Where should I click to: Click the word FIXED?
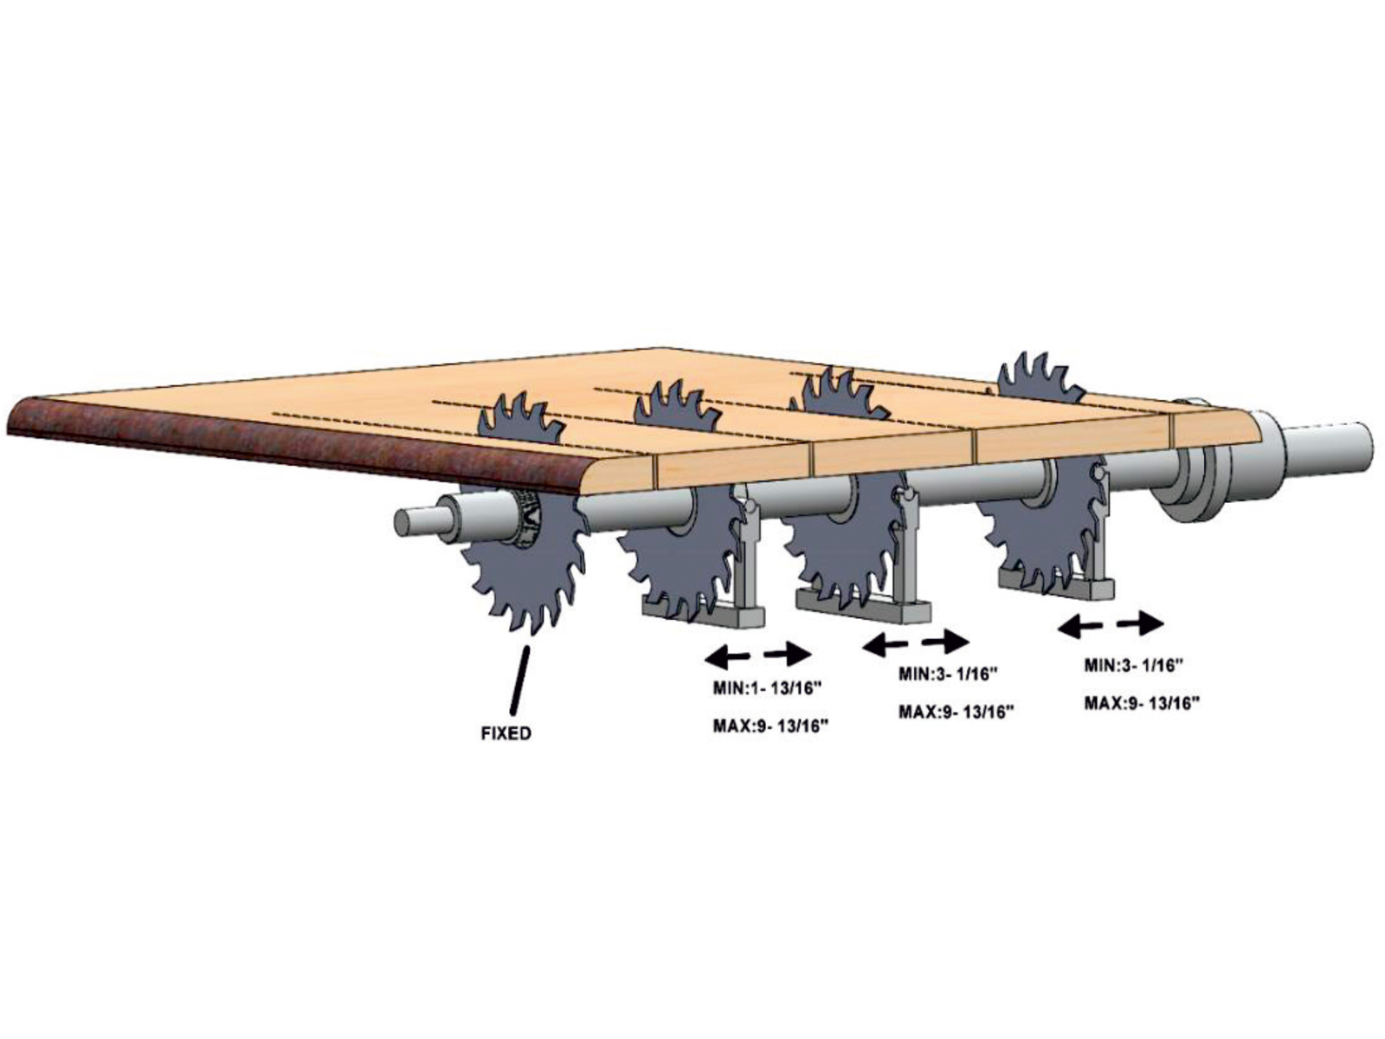506,733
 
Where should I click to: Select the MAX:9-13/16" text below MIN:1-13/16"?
770,726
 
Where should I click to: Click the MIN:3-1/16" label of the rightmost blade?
1133,665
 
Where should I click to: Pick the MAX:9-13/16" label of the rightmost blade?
1141,703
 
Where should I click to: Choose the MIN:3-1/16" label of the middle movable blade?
949,674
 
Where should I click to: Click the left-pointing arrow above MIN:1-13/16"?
727,658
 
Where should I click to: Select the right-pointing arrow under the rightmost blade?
1139,623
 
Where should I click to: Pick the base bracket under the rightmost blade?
1056,584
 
